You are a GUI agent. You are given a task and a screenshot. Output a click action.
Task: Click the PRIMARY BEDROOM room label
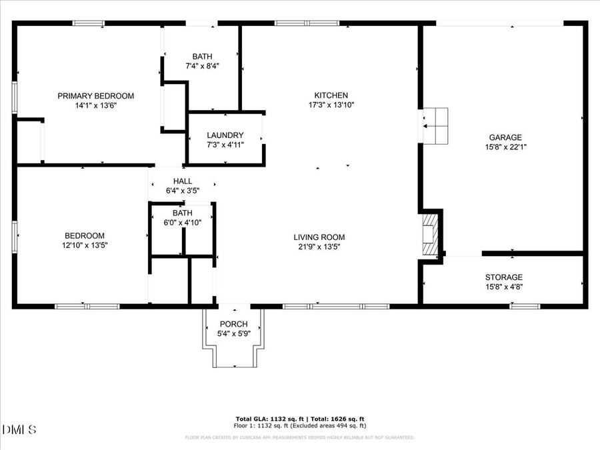[x=95, y=96]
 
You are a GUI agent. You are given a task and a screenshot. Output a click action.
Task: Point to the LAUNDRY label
[x=225, y=135]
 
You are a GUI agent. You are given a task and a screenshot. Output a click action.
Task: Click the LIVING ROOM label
[x=319, y=237]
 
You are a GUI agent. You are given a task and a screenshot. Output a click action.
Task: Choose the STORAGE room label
[x=504, y=277]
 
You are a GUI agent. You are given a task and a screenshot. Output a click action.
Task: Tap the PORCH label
[x=233, y=325]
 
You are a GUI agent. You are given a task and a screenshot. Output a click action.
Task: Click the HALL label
[x=183, y=181]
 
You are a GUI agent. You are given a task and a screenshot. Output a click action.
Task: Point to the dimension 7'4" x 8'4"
[x=202, y=66]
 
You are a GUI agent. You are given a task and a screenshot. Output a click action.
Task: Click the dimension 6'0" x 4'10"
[x=183, y=222]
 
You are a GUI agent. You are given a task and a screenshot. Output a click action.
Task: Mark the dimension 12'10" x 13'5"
[x=84, y=245]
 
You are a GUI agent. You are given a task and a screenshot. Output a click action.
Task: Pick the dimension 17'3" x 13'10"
[x=331, y=105]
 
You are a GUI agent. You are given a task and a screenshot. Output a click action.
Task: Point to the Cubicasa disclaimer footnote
[x=299, y=437]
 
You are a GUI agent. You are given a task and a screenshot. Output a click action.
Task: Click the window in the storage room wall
[x=525, y=307]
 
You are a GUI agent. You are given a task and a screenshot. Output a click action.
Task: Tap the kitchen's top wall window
[x=307, y=23]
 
